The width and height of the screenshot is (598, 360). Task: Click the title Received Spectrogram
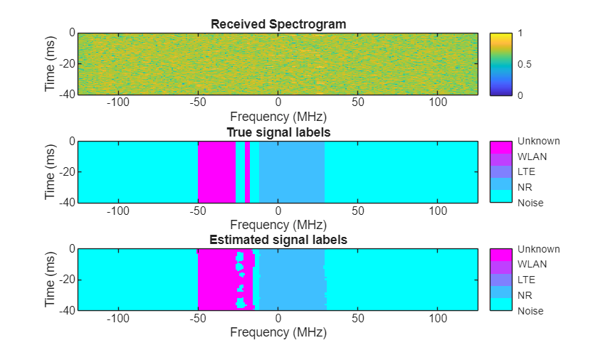(x=278, y=24)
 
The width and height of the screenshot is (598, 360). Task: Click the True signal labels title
(x=278, y=132)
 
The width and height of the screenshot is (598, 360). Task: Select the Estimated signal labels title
(x=278, y=240)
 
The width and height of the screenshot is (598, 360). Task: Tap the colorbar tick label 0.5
(x=525, y=64)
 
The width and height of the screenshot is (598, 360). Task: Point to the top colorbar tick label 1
(x=521, y=33)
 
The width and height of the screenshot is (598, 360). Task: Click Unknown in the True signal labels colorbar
(x=538, y=141)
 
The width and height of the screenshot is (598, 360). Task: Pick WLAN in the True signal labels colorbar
(x=532, y=157)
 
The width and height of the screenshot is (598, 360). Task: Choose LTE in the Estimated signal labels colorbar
(x=526, y=280)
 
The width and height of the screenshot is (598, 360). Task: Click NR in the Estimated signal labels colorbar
(x=525, y=295)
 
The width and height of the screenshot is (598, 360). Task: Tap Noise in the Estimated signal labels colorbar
(x=530, y=311)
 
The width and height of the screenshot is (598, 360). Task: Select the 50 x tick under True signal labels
(x=358, y=211)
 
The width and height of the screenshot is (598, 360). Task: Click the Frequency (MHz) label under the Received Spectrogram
(x=278, y=116)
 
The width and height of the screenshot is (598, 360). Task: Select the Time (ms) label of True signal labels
(x=50, y=172)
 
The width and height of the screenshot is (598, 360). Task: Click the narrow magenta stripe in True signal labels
(x=247, y=172)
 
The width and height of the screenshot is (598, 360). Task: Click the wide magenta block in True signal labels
(x=216, y=172)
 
